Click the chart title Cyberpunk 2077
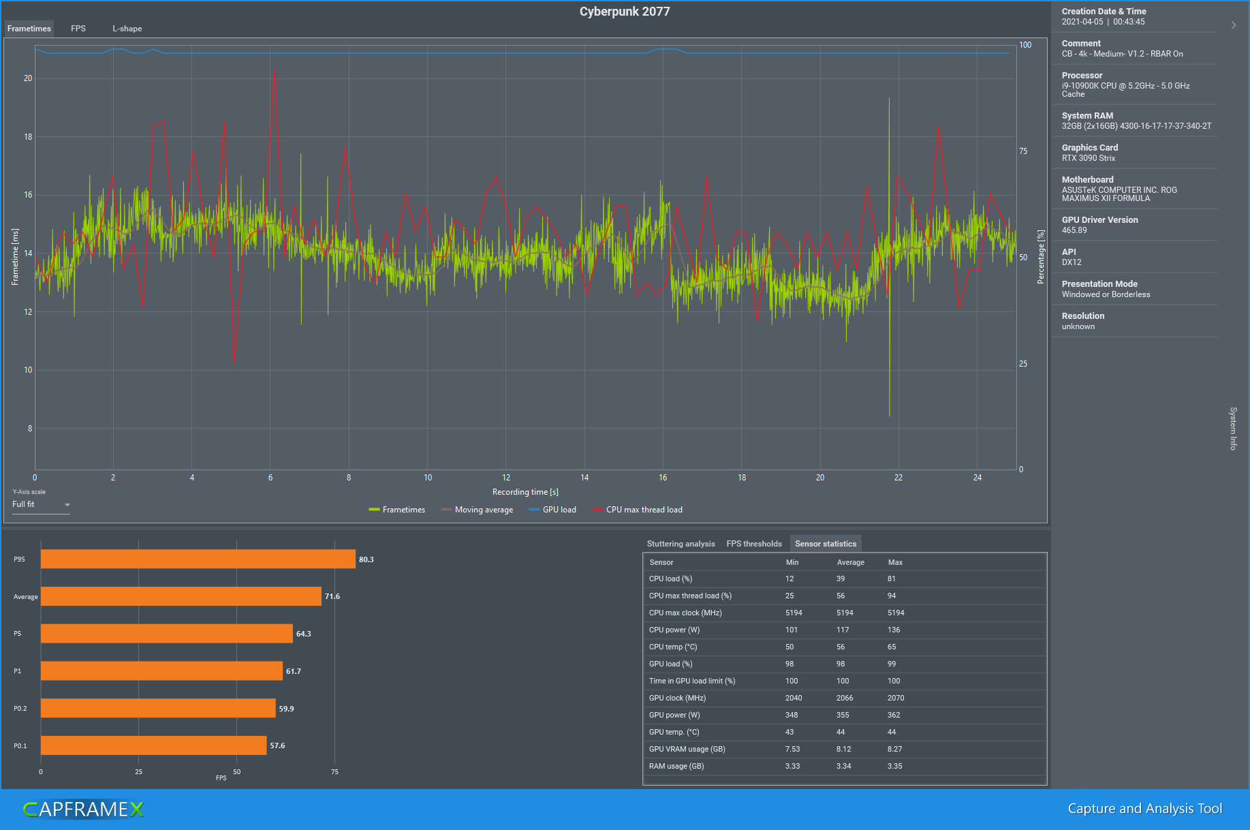tap(625, 12)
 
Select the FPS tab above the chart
tap(78, 29)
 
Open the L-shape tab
tap(127, 29)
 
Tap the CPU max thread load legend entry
tap(638, 510)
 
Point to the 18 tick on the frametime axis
tap(28, 137)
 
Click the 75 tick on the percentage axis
tap(1023, 151)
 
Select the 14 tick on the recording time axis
tap(584, 478)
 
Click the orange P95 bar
tap(198, 559)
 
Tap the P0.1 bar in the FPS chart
tap(153, 746)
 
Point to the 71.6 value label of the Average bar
tap(332, 596)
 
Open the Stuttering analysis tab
tap(681, 544)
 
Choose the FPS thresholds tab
tap(754, 544)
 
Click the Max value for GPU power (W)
tap(894, 715)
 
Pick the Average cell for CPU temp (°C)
tap(841, 647)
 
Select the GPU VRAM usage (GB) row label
tap(687, 749)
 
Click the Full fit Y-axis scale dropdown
tap(41, 505)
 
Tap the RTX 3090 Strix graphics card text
tap(1089, 158)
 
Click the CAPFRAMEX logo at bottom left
tap(83, 809)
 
